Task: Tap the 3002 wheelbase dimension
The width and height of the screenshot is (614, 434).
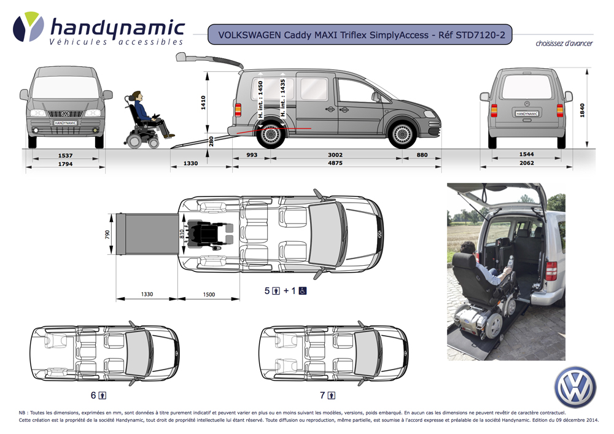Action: coord(335,155)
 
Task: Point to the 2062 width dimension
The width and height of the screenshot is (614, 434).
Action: coord(526,163)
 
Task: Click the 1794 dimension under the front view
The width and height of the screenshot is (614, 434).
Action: coord(66,164)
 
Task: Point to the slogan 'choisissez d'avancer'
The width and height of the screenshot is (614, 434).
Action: coord(564,44)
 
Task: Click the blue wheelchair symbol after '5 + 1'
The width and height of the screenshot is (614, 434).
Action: coord(303,290)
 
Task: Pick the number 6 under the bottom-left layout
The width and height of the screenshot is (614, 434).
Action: coord(93,395)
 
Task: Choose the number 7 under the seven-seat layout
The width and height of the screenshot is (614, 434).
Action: coord(322,395)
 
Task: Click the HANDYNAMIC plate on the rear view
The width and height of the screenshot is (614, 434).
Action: coord(526,114)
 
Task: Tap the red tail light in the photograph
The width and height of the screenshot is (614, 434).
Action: coord(551,270)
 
